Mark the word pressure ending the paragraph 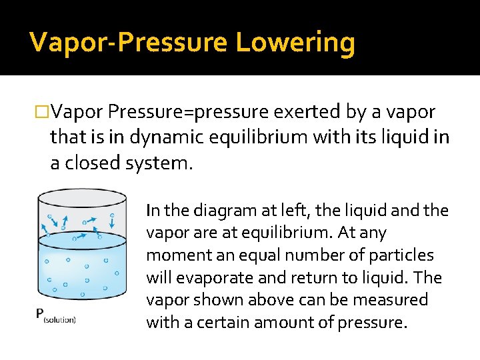point(371,323)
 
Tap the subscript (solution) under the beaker point(60,320)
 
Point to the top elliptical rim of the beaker point(82,197)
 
